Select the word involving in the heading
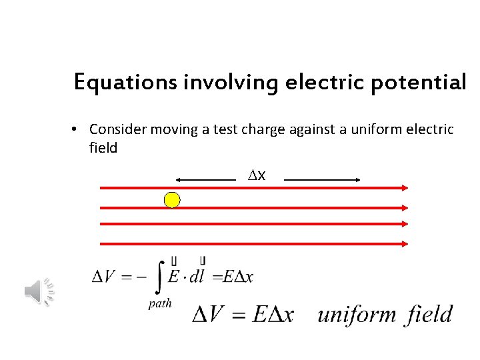click(x=227, y=83)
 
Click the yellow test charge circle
click(x=173, y=199)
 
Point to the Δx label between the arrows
click(x=257, y=175)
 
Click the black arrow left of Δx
click(x=205, y=179)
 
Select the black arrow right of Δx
click(x=323, y=179)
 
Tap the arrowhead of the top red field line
click(x=404, y=189)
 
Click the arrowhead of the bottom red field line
click(x=404, y=244)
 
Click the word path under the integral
click(x=159, y=303)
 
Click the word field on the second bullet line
click(x=103, y=148)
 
